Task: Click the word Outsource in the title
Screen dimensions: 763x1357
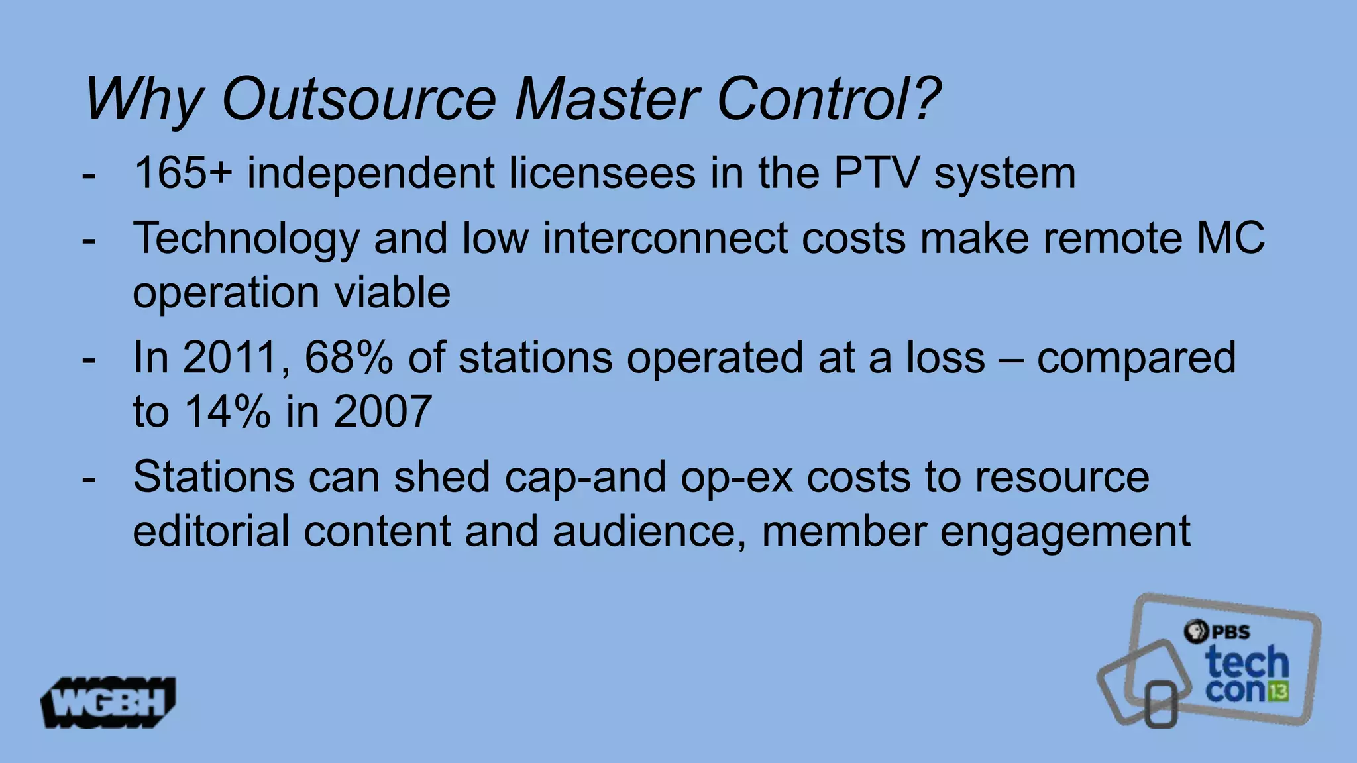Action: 358,99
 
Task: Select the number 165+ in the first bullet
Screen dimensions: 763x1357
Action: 183,174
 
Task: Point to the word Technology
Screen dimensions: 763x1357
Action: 246,238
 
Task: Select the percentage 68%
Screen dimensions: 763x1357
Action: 349,358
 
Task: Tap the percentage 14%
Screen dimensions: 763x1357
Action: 227,412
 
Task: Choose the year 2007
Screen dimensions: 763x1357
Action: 383,412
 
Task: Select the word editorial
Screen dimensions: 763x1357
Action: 211,531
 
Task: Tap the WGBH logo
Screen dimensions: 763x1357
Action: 109,702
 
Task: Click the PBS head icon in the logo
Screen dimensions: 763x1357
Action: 1197,631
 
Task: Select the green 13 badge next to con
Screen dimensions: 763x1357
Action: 1279,691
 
